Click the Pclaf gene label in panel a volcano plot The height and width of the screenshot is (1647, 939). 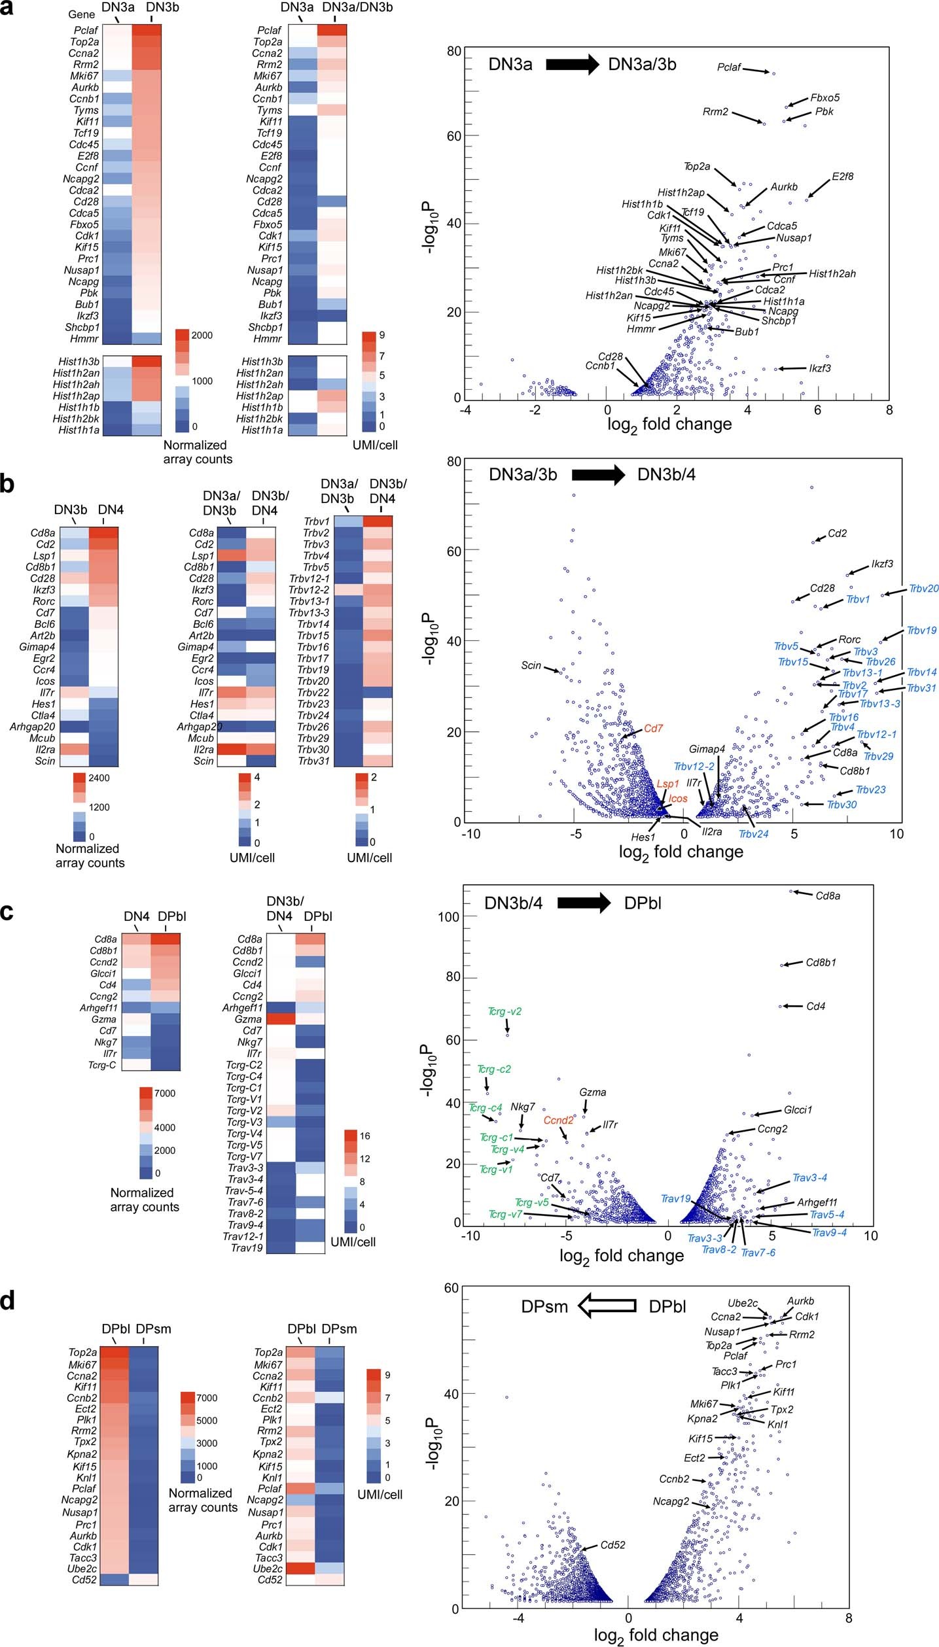tap(729, 67)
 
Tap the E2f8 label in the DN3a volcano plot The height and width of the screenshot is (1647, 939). tap(842, 177)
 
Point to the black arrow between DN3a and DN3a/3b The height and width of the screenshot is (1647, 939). tap(572, 64)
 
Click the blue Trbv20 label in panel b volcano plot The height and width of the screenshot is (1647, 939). tap(923, 589)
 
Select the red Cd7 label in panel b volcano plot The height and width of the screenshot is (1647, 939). tap(653, 728)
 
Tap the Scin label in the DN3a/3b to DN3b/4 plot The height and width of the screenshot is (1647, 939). tap(531, 665)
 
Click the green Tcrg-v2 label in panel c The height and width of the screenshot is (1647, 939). tap(505, 1011)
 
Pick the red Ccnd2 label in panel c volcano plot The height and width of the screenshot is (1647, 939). tap(558, 1120)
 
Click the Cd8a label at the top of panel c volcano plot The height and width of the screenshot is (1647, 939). tap(828, 896)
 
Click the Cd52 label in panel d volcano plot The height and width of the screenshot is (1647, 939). tap(612, 1545)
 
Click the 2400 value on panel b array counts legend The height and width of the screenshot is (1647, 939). tap(99, 778)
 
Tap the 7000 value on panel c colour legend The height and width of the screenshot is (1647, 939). tap(164, 1093)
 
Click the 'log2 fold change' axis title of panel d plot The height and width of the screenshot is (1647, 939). tap(656, 1635)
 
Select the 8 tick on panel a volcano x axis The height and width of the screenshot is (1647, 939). tap(888, 410)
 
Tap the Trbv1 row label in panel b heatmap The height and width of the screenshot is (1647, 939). tap(316, 521)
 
